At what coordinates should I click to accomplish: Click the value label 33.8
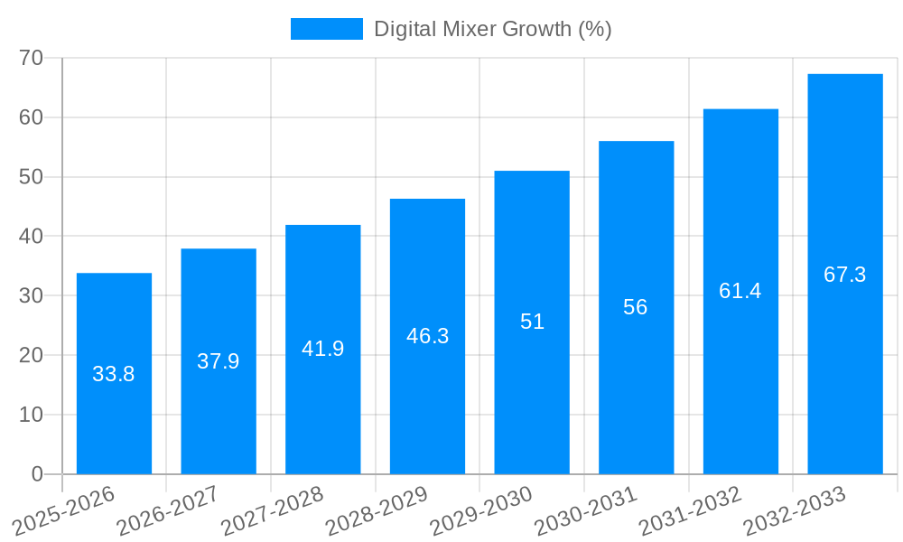tap(114, 374)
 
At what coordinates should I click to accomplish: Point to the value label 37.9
tap(219, 361)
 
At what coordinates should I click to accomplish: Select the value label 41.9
tap(323, 349)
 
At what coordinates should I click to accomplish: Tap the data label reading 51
tap(532, 322)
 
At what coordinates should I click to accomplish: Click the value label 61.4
tap(740, 291)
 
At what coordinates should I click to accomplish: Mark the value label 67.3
tap(845, 275)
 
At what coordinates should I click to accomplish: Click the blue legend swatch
tap(326, 29)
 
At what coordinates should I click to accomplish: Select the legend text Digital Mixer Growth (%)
tap(493, 29)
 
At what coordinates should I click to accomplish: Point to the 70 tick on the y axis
tap(32, 58)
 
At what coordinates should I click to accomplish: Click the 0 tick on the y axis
tap(37, 474)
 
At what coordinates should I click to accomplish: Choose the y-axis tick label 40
tap(32, 236)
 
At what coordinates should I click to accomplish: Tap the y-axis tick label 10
tap(32, 415)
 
